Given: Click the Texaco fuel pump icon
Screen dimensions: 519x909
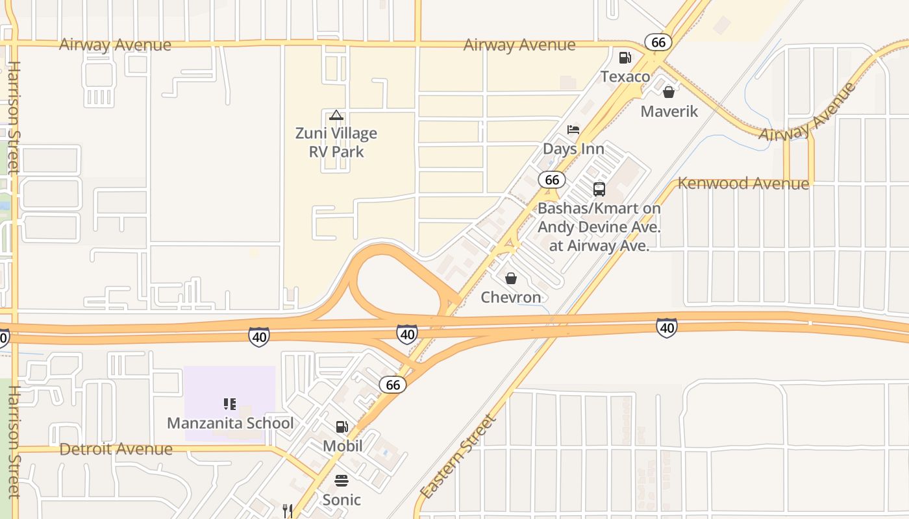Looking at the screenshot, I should pos(625,58).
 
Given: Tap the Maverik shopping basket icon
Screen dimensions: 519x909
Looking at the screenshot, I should pos(669,92).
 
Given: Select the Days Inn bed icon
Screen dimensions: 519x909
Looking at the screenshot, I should pos(573,130).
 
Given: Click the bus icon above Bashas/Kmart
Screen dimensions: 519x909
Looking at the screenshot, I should pos(599,189).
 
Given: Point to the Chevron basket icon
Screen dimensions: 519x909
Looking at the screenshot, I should pos(511,278).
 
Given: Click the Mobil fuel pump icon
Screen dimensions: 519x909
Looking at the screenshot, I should pos(342,427).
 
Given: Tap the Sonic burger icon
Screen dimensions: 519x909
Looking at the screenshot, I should pos(342,481).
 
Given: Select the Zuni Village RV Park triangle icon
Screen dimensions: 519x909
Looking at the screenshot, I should pos(336,115).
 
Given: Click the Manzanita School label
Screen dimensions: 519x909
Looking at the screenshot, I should pos(230,423).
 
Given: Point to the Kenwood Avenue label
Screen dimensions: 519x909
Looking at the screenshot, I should pos(743,184).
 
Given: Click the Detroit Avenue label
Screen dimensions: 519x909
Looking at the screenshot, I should pos(116,449).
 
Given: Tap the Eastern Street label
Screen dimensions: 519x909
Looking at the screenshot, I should pos(458,457).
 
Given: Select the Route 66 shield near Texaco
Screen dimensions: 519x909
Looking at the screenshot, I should pos(658,42).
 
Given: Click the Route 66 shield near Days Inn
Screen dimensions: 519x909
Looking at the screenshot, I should pos(552,180).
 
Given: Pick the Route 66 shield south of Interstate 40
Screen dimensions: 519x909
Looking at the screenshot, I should pos(393,385).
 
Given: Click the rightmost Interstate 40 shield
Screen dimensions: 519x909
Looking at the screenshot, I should pos(667,328).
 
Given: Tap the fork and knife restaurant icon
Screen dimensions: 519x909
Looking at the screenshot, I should pos(288,511).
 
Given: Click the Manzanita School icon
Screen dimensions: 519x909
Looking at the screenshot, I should pos(230,404).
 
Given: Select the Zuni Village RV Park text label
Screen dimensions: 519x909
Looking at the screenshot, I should pos(336,143).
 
